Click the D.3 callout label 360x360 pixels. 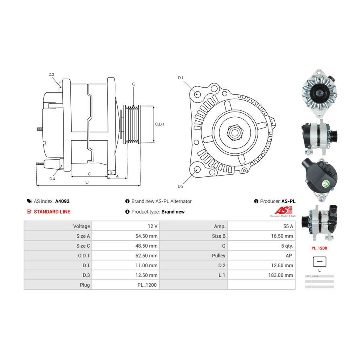click(51, 74)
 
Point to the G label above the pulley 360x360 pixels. click(134, 84)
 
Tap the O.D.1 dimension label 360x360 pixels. click(160, 124)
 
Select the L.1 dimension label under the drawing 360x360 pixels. click(88, 182)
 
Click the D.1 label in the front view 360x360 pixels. click(180, 78)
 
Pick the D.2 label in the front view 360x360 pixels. click(180, 186)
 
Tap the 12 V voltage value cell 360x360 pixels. click(152, 226)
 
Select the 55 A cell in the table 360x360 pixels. click(288, 226)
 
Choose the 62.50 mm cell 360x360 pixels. click(146, 255)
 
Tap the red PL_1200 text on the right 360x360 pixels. click(320, 248)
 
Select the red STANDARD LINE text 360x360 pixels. click(52, 212)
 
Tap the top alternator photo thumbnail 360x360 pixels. click(319, 93)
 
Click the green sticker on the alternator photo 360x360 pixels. click(326, 184)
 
